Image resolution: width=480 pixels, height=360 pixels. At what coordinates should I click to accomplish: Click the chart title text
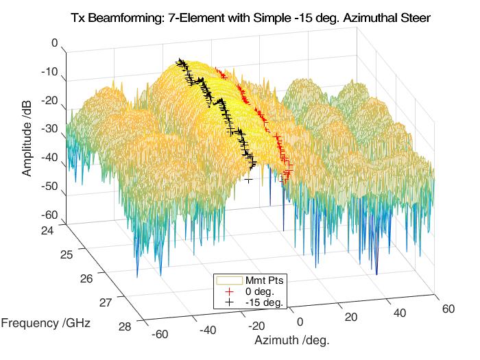tap(251, 19)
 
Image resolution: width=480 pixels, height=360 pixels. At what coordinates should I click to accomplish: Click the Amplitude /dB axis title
tap(27, 133)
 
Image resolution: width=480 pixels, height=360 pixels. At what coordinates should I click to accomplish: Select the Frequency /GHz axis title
tap(46, 322)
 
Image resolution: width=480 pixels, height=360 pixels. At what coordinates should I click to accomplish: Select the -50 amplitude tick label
tap(49, 193)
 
